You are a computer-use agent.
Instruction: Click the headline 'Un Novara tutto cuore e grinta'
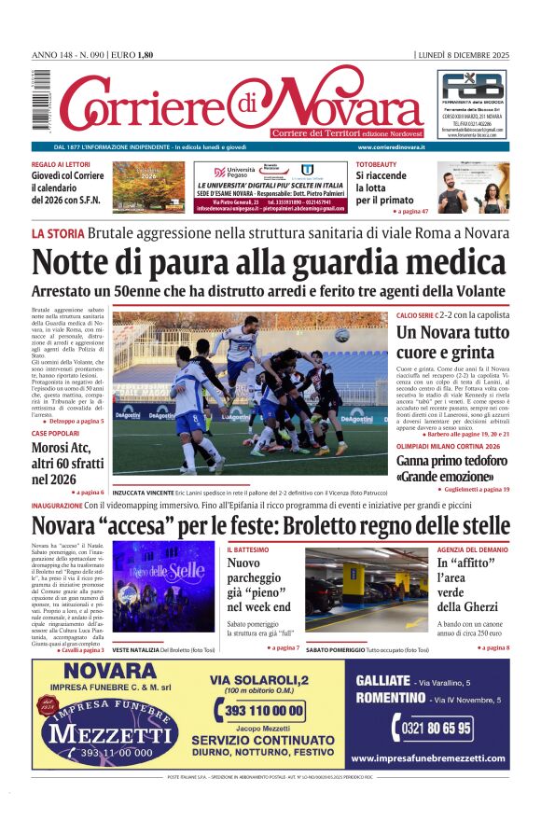(x=452, y=342)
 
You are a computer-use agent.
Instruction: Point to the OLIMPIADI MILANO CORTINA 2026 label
(x=453, y=447)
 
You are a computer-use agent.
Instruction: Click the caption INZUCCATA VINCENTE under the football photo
(x=142, y=491)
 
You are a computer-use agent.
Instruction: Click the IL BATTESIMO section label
(x=248, y=549)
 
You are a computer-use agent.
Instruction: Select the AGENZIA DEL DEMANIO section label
(x=473, y=549)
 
